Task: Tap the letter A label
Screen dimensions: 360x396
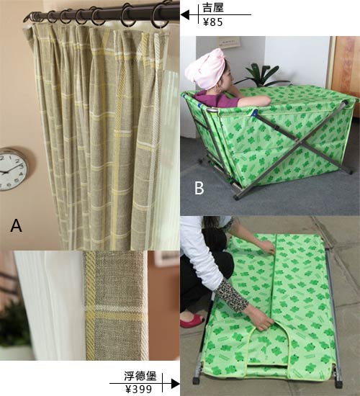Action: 16,225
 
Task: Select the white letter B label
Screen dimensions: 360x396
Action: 199,188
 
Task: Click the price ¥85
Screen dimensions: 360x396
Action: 213,22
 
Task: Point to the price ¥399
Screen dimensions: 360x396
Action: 139,390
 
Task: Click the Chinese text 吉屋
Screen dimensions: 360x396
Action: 213,8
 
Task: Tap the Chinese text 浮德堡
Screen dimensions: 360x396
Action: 140,377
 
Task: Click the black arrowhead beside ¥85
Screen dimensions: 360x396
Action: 186,14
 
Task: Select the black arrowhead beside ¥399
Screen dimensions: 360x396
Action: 176,384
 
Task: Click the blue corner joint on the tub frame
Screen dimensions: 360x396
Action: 254,112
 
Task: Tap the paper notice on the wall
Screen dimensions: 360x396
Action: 229,42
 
